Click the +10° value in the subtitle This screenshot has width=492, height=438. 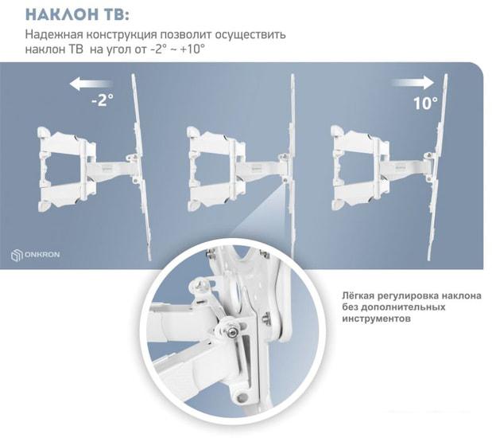(192, 49)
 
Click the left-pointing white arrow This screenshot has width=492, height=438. (91, 84)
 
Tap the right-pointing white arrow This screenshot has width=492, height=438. (413, 83)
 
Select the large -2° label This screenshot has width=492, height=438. (103, 100)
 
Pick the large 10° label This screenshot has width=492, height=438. (425, 104)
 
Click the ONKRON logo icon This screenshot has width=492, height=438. (17, 255)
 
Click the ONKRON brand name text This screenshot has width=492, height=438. (42, 254)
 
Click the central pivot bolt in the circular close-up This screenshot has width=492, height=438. (231, 331)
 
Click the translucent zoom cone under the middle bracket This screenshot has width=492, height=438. (265, 213)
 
